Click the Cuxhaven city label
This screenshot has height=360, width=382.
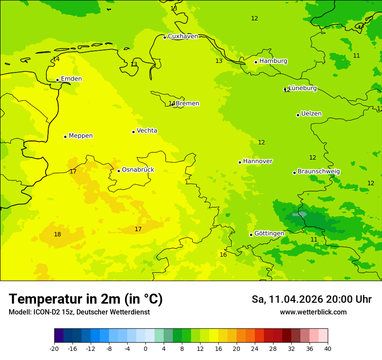pos(183,36)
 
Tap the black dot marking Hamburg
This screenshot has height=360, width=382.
pos(256,62)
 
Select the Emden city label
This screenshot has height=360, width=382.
pos(71,79)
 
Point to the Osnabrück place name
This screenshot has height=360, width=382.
pos(138,170)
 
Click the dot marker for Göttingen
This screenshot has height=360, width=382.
pos(251,235)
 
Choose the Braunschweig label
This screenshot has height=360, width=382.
pos(319,172)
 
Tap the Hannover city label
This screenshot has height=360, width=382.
pos(257,161)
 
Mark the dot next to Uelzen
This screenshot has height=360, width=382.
pos(298,115)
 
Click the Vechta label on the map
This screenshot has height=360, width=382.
pos(147,131)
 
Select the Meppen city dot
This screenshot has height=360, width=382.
pos(65,137)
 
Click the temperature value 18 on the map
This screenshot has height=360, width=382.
pos(57,235)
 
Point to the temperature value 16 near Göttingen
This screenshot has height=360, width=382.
pos(223,255)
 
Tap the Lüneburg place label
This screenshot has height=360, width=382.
pos(303,88)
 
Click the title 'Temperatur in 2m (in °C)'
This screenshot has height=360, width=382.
pos(86,299)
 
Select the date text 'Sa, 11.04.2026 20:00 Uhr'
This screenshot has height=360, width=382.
pos(311,299)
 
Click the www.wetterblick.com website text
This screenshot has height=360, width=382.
pos(313,312)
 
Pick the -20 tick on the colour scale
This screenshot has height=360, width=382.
pos(54,349)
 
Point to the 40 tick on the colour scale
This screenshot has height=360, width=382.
pos(328,349)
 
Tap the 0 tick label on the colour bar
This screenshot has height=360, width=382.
pos(145,349)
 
